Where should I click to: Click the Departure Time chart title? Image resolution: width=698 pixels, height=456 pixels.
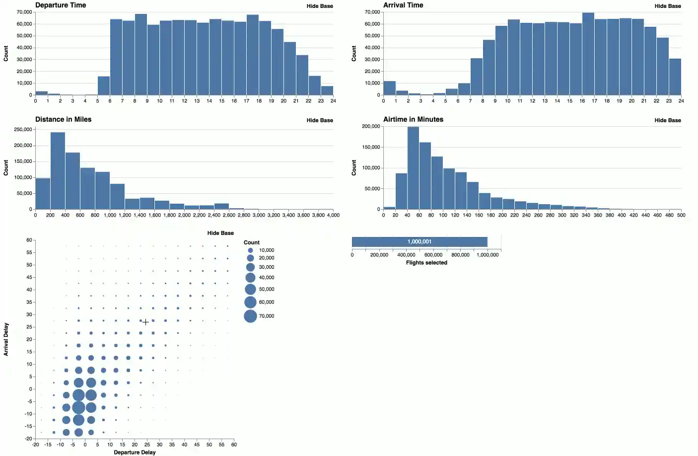(x=61, y=5)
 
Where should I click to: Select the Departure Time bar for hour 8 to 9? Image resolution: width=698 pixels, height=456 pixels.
(x=141, y=55)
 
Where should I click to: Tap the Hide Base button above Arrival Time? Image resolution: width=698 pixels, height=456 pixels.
(x=667, y=6)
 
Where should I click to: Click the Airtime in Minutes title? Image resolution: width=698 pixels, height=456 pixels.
(x=413, y=119)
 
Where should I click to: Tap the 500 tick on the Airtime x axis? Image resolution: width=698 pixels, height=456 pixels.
(x=681, y=215)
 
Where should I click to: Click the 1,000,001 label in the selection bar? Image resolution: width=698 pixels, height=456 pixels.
(x=419, y=242)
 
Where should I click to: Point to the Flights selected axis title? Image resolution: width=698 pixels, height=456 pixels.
(x=426, y=263)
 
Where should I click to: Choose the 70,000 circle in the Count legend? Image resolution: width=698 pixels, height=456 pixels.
(x=251, y=316)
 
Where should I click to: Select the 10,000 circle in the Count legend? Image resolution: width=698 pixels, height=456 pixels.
(x=251, y=250)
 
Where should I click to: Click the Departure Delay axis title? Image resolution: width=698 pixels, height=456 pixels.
(x=135, y=453)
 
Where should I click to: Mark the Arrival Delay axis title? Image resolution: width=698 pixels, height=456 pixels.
(x=6, y=339)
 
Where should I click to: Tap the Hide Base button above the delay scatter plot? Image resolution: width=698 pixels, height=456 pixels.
(x=220, y=233)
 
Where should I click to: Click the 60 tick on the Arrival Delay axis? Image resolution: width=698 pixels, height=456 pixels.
(x=29, y=240)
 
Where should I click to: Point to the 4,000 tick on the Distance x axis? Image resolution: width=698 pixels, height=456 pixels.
(x=333, y=215)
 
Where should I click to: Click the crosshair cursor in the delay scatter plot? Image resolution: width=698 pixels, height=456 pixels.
(x=146, y=322)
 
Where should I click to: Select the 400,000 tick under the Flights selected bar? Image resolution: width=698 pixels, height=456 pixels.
(x=406, y=255)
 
